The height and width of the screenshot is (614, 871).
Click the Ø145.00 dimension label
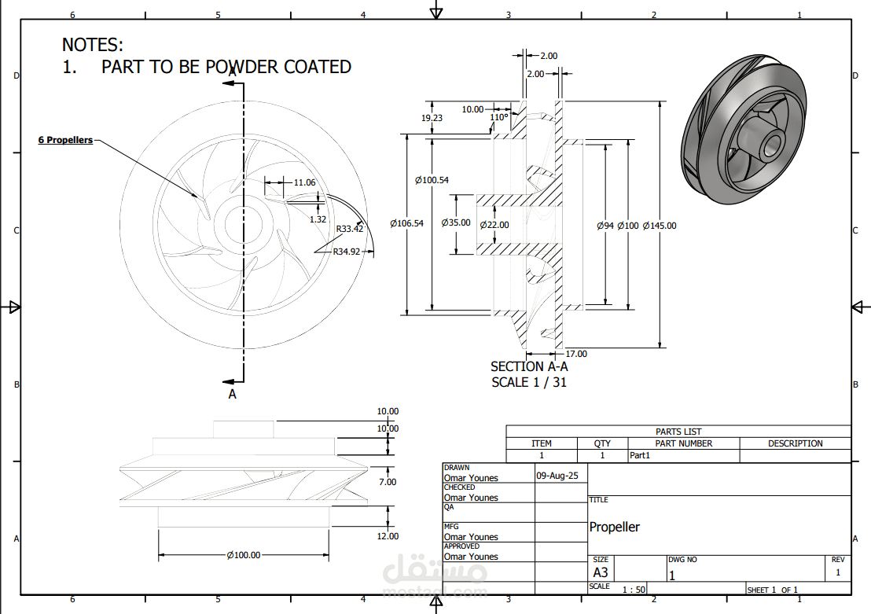click(660, 226)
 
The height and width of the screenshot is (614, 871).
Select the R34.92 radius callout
click(347, 252)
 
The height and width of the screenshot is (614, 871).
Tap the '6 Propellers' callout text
click(65, 140)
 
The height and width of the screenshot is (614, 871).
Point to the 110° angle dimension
click(499, 117)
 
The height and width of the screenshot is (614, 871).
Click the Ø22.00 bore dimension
click(494, 225)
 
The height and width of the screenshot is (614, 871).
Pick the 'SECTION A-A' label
click(529, 366)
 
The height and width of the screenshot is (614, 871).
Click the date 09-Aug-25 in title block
click(557, 476)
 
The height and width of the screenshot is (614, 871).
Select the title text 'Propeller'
click(615, 527)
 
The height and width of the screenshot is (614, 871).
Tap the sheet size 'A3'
click(601, 572)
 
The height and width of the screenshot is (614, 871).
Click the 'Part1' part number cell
click(639, 455)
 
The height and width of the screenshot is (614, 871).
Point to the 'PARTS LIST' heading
click(678, 432)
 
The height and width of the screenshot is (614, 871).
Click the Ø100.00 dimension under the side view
click(244, 555)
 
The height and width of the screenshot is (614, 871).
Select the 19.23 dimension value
click(432, 118)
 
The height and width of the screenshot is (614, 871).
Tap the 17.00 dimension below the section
click(576, 354)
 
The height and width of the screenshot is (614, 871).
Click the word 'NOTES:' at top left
click(93, 45)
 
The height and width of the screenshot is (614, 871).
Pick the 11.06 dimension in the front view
click(304, 182)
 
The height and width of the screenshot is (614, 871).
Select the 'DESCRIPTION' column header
click(796, 443)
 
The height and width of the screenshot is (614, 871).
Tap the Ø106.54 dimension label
click(406, 223)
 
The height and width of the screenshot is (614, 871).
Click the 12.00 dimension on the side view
click(388, 536)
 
